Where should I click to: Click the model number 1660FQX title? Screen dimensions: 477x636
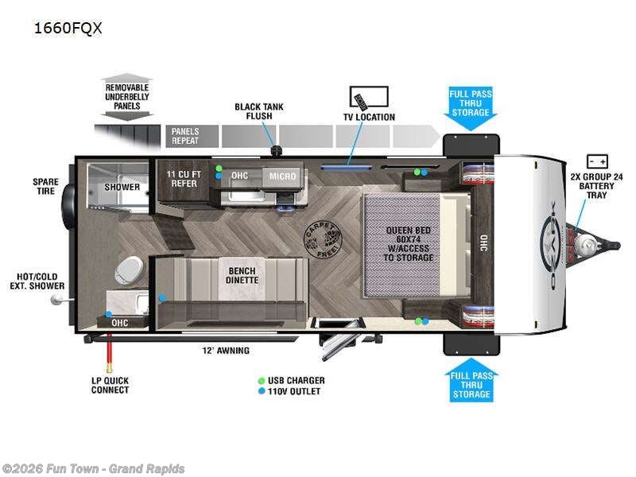68,29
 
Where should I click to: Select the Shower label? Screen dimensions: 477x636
122,188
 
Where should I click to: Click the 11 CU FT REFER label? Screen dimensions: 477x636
182,178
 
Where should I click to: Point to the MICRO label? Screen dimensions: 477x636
282,176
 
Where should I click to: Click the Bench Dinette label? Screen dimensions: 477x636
242,275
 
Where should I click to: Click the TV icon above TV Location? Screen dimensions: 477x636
369,98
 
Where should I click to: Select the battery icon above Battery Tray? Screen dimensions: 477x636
597,161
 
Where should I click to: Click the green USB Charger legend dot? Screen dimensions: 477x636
261,380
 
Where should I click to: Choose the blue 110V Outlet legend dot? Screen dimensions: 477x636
261,391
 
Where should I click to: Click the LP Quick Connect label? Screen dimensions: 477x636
110,385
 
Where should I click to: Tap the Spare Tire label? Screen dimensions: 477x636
45,186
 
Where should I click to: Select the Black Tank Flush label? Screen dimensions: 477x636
258,111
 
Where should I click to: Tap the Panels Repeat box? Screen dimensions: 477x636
185,136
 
